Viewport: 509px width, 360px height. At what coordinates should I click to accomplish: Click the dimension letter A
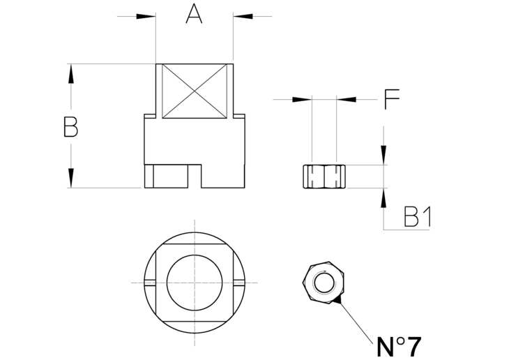tap(194, 14)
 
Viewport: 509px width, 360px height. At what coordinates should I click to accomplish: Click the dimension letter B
tap(70, 127)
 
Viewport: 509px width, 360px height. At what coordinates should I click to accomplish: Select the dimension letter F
tap(391, 99)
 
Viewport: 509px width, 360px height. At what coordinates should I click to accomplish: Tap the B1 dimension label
tap(418, 217)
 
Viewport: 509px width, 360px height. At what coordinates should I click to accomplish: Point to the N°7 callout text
tap(399, 346)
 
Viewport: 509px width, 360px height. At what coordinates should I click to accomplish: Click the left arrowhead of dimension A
tap(146, 16)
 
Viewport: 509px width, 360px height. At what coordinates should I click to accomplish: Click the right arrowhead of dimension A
tap(243, 16)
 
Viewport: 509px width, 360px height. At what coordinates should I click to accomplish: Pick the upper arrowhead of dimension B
tap(70, 73)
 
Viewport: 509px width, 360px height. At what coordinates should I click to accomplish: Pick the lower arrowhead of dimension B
tap(70, 178)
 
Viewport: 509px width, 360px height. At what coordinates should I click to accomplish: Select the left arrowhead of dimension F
tap(302, 100)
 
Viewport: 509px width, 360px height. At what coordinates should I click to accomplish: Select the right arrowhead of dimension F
tap(346, 100)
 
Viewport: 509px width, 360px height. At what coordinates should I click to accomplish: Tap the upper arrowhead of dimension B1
tap(383, 156)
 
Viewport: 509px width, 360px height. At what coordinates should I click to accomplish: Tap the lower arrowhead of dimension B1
tap(383, 197)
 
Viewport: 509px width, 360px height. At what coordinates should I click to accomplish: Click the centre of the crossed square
tap(195, 91)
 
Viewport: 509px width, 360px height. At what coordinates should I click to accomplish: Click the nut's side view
tap(324, 177)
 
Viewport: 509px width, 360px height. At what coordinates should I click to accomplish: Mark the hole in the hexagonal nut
tap(324, 283)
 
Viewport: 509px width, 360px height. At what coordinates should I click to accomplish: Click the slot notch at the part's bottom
tap(195, 176)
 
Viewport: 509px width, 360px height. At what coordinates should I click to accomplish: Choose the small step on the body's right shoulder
tap(239, 117)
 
